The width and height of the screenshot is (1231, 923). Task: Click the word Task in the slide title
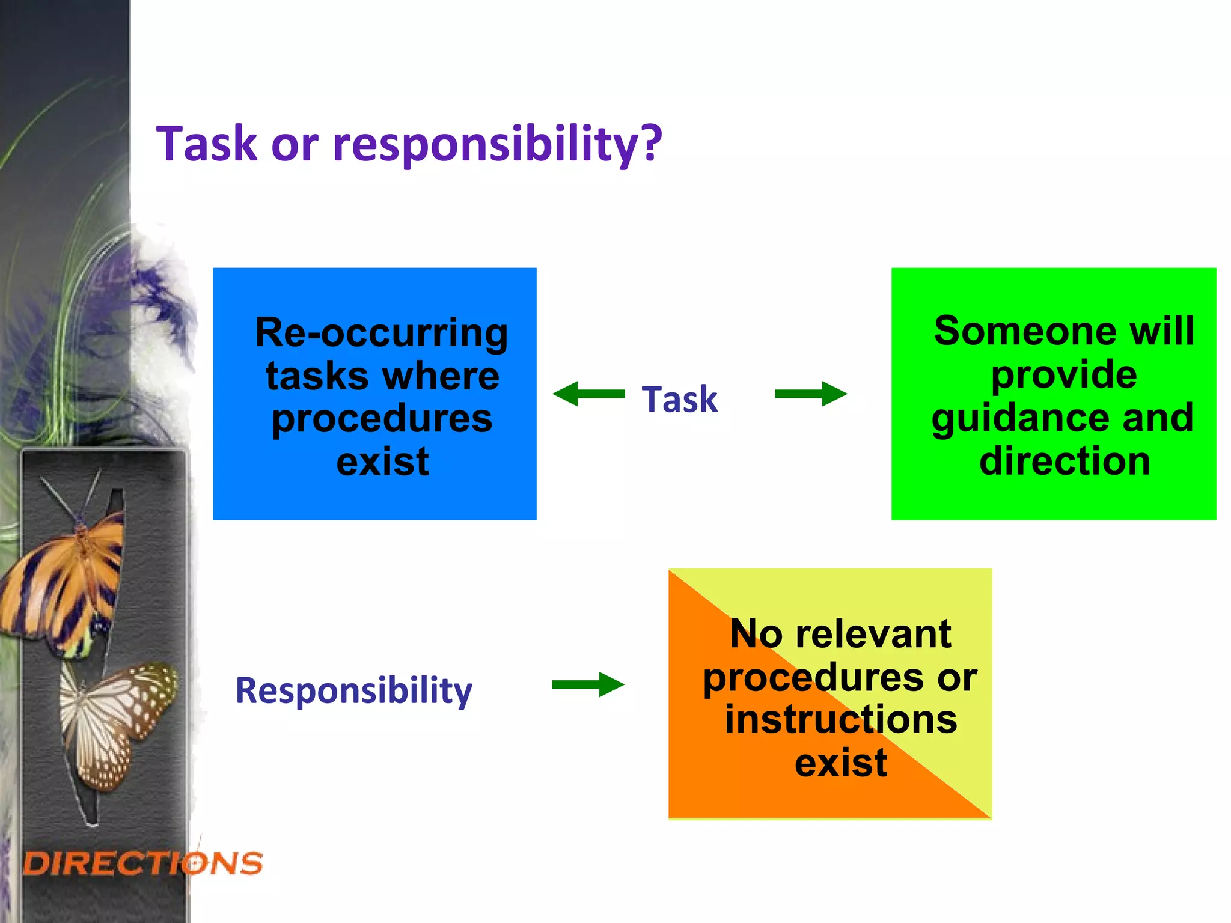click(207, 144)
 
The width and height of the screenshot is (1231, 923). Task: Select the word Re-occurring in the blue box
click(381, 333)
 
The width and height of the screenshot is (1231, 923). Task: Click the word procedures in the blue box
click(382, 418)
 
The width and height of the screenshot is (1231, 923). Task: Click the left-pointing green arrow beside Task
click(588, 394)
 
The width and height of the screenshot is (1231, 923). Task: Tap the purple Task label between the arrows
click(679, 399)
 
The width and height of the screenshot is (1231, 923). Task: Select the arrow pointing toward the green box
click(811, 394)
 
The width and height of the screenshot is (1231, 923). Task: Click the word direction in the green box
click(1065, 461)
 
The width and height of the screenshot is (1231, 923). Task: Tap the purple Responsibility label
click(353, 690)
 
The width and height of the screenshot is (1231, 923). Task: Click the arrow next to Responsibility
click(588, 684)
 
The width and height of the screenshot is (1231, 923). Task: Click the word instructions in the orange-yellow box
click(840, 719)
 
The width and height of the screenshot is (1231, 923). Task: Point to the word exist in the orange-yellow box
click(840, 763)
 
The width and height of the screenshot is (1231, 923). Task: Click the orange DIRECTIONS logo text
click(143, 864)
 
